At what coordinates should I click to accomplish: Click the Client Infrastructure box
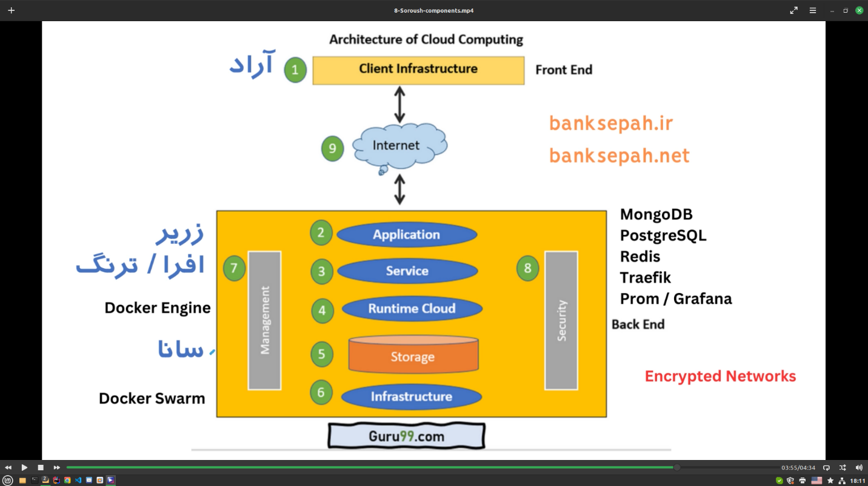coord(418,70)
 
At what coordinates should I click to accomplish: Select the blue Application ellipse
coord(407,235)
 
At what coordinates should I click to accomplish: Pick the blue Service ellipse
coord(407,271)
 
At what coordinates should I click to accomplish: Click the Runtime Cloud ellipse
coord(412,309)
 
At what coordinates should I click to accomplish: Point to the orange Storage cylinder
coord(413,356)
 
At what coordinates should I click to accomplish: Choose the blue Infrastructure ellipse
coord(412,397)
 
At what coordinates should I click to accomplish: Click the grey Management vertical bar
coord(265,320)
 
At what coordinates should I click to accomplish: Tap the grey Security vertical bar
coord(561,320)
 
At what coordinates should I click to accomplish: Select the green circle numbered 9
coord(332,148)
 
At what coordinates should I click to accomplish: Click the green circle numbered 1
coord(295,70)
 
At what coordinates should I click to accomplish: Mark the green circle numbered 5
coord(322,355)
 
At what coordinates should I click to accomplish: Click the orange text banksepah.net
coord(619,156)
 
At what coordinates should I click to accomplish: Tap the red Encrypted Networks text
coord(720,376)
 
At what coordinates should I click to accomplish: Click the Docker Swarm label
coord(152,398)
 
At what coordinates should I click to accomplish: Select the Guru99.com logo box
coord(406,436)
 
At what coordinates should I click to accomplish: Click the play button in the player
coord(24,467)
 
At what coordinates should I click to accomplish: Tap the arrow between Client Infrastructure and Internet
coord(399,104)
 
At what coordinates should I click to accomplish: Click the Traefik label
coord(645,278)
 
